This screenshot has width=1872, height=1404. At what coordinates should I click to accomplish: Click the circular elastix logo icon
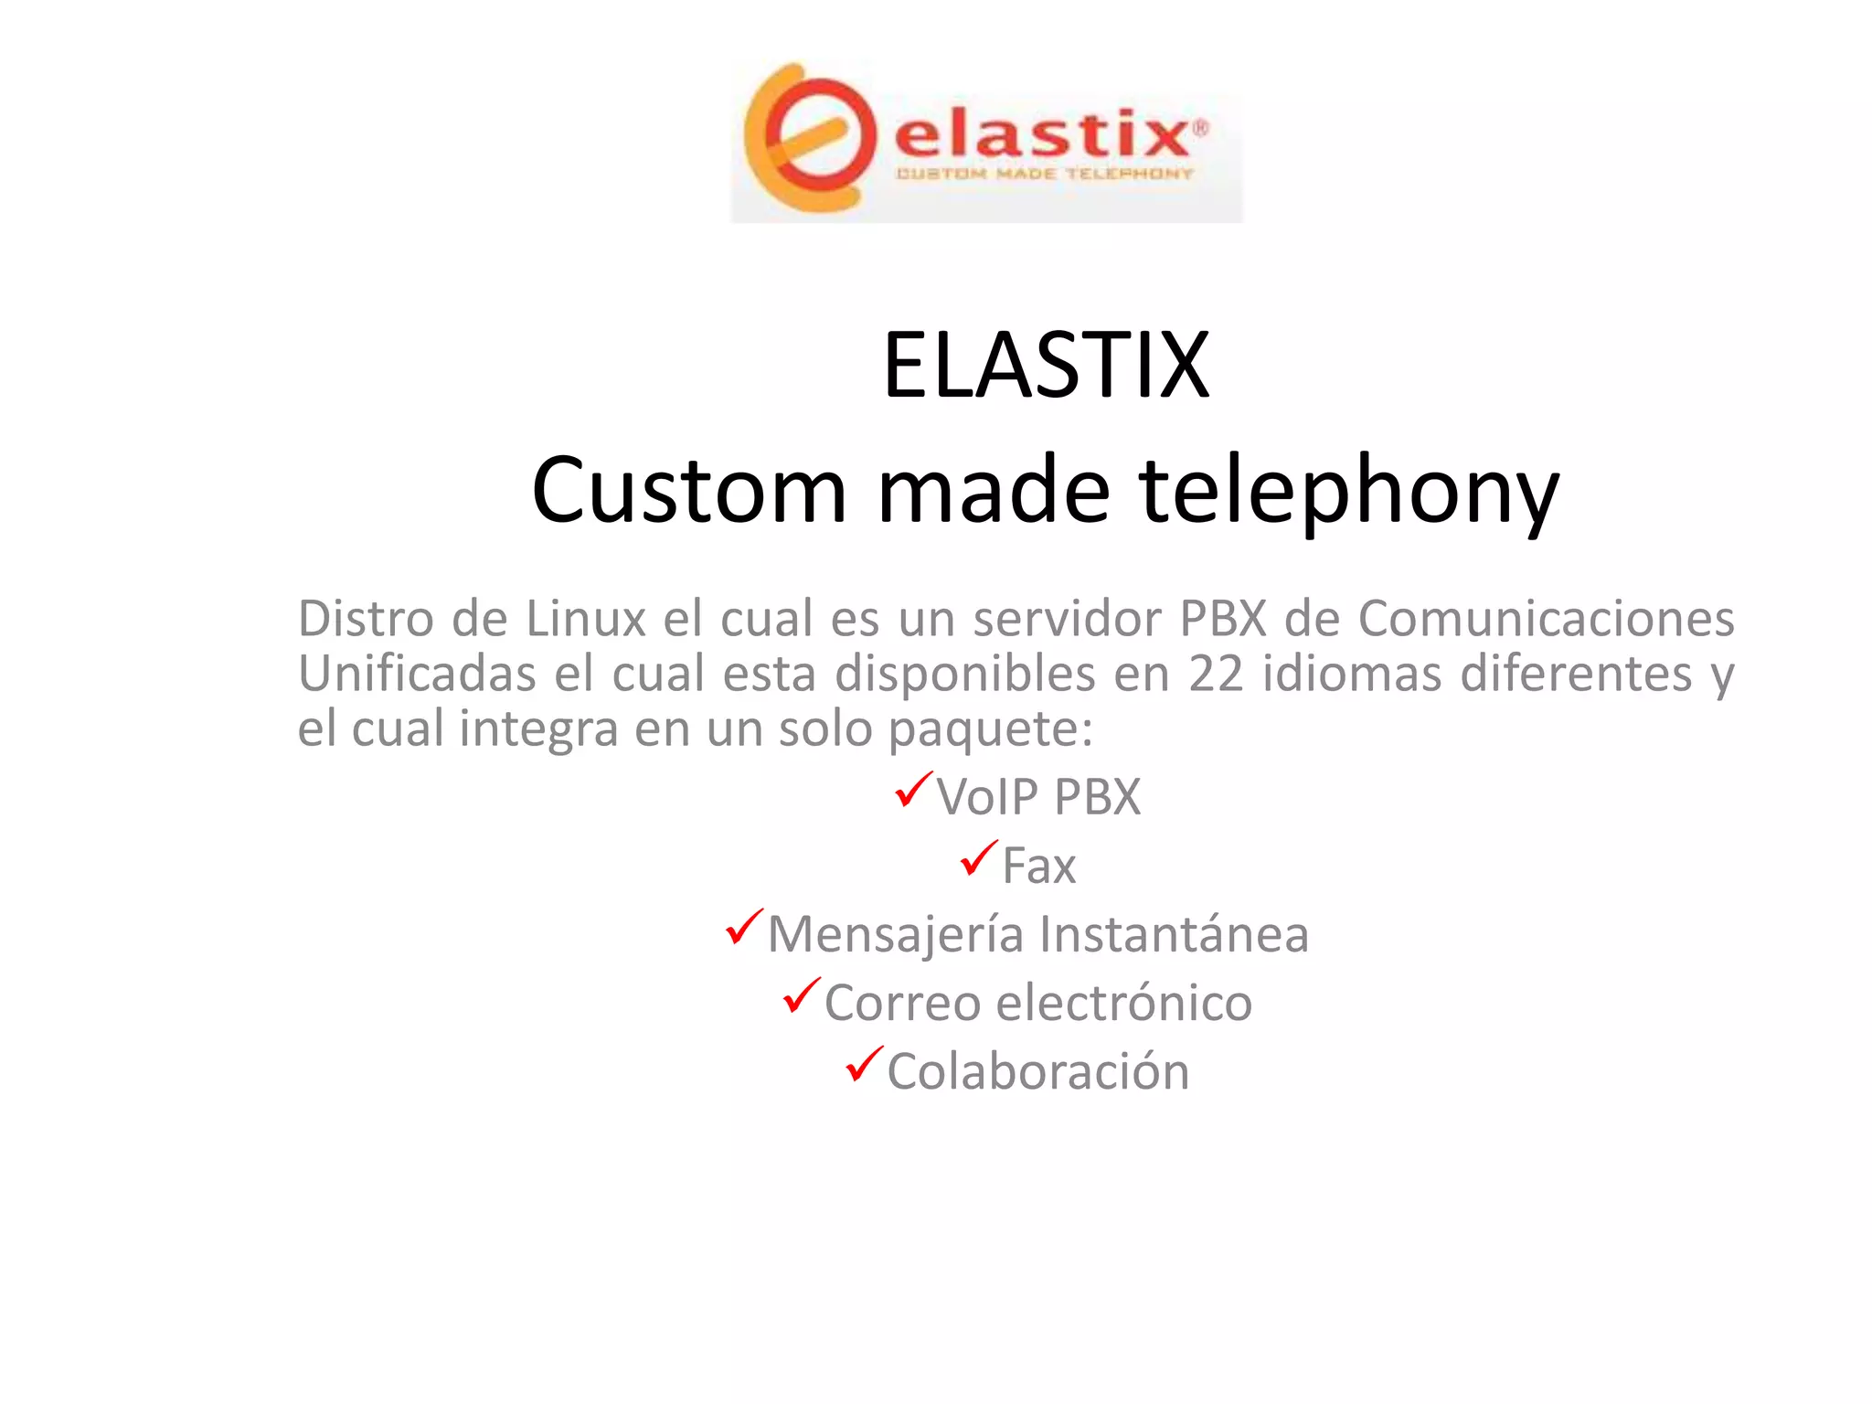(x=804, y=137)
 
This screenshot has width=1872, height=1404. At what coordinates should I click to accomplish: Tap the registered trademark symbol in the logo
(x=1200, y=128)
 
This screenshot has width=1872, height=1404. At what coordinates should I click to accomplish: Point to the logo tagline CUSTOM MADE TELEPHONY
(x=1045, y=174)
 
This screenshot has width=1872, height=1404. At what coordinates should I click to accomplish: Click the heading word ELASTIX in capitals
(x=1046, y=366)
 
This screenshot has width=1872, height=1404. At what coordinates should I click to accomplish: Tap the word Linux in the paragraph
(x=585, y=619)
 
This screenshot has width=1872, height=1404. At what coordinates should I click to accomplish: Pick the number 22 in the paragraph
(x=1216, y=675)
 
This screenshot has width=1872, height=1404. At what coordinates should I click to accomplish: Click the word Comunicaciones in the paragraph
(x=1546, y=619)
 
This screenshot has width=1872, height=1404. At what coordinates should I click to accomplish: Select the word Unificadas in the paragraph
(x=417, y=675)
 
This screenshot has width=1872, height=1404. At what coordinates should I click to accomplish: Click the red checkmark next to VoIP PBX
(x=913, y=790)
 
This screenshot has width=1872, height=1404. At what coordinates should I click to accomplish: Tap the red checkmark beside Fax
(x=978, y=858)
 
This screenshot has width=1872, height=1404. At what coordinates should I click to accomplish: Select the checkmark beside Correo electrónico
(x=801, y=995)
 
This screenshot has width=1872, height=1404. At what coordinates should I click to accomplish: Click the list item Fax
(x=1038, y=866)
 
